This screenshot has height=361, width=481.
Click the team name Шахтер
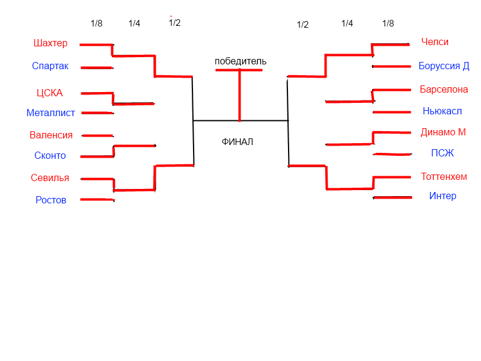tap(51, 43)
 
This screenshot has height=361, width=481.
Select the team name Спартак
tap(51, 66)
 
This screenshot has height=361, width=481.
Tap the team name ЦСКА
tap(49, 93)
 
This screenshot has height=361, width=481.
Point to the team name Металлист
tap(51, 113)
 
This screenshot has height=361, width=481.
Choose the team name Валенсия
tap(51, 135)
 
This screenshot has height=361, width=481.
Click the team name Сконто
tap(50, 156)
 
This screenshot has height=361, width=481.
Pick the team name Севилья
tap(50, 178)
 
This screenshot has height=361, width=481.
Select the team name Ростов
tap(51, 200)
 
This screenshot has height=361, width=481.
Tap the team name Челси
tap(435, 42)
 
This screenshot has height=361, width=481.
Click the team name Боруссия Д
tap(444, 66)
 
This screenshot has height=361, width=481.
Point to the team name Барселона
tap(444, 90)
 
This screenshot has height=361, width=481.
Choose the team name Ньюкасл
tap(443, 111)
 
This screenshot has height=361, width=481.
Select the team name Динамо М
tap(443, 132)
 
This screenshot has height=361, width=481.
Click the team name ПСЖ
tap(443, 153)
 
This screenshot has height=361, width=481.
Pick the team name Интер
tap(443, 196)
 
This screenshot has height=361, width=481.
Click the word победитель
tap(240, 61)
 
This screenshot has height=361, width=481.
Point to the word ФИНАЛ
tap(237, 143)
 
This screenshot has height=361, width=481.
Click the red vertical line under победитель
tap(240, 95)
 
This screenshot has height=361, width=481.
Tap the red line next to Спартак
tap(96, 67)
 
